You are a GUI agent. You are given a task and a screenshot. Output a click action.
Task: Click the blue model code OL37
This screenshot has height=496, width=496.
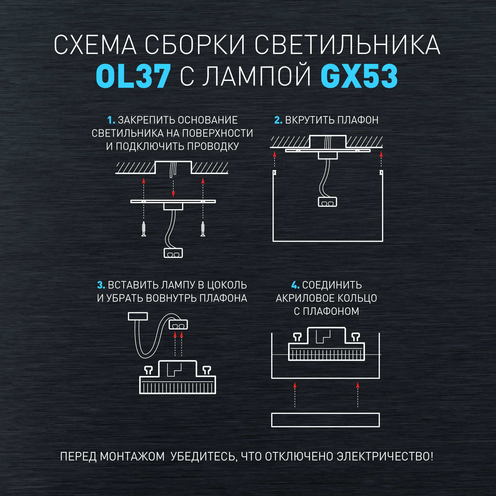(x=133, y=76)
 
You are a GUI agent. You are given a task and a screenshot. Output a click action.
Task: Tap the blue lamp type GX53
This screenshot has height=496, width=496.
(x=359, y=76)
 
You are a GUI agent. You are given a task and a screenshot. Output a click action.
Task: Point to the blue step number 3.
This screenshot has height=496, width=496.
(x=101, y=285)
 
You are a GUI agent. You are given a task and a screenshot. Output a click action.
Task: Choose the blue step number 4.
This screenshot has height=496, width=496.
(x=295, y=285)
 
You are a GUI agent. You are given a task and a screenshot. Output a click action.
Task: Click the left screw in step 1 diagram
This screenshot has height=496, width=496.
(x=144, y=229)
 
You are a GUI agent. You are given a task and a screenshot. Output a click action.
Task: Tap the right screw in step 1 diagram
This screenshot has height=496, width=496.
(x=203, y=229)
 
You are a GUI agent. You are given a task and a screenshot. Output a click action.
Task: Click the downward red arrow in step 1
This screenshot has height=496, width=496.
(x=173, y=189)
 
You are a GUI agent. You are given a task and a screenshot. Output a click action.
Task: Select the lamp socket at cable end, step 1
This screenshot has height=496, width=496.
(x=173, y=253)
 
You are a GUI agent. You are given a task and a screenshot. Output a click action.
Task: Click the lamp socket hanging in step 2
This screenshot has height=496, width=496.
(x=327, y=202)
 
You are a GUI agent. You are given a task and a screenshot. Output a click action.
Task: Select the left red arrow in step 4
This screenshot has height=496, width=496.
(x=295, y=395)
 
